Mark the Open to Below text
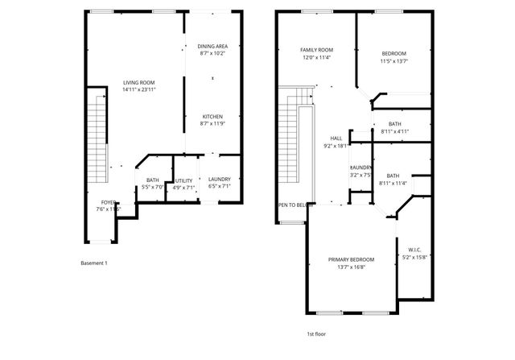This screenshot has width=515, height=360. pyautogui.click(x=295, y=205)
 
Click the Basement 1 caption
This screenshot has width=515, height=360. pyautogui.click(x=94, y=263)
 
